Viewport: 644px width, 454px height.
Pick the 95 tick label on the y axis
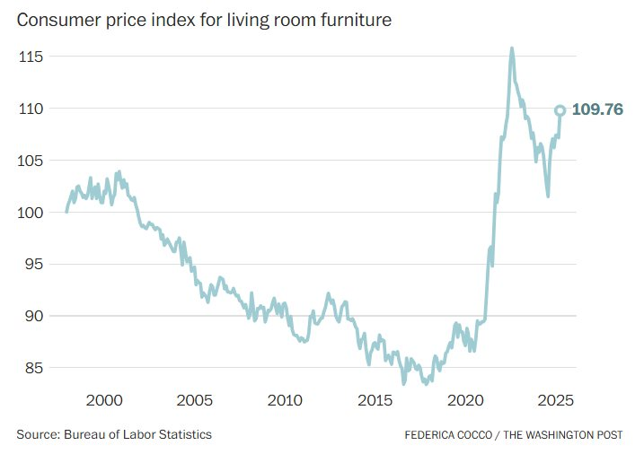[x=34, y=265]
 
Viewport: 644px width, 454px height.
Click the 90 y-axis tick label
[x=34, y=316]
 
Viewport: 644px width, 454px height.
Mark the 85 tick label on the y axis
[x=34, y=368]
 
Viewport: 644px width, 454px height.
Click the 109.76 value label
[x=596, y=110]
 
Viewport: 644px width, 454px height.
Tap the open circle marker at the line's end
[x=560, y=110]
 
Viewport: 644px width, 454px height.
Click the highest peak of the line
[x=512, y=48]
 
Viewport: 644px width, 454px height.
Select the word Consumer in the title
[x=52, y=19]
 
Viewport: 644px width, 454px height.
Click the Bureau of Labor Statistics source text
[x=137, y=434]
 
